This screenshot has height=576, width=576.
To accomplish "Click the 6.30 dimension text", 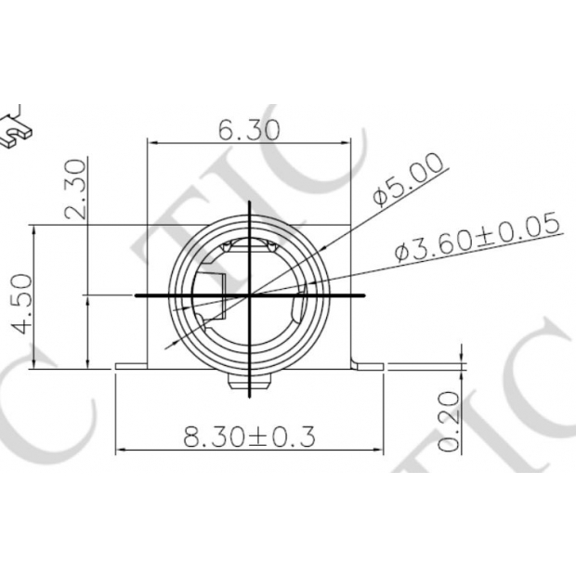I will pos(249,131).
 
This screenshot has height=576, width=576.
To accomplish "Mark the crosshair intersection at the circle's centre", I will pos(251,295).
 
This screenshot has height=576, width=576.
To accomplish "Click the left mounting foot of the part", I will pos(131,365).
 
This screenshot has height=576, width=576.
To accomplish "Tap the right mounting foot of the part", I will pos(368,365).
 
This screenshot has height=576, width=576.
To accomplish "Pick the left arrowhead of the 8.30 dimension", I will pos(121,451).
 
